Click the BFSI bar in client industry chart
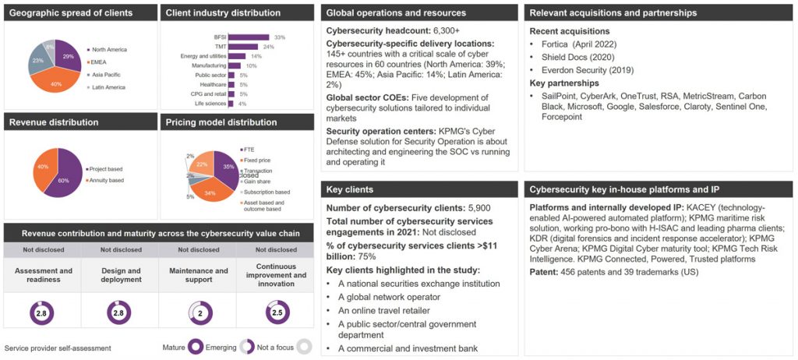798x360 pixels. click(x=249, y=37)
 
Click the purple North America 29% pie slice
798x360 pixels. click(x=67, y=57)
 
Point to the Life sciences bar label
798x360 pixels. click(x=211, y=104)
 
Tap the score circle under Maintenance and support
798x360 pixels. click(x=199, y=313)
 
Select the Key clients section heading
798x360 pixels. click(x=348, y=189)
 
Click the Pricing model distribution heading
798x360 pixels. click(x=222, y=122)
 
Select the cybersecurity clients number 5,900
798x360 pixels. click(x=478, y=207)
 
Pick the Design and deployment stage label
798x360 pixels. click(x=121, y=274)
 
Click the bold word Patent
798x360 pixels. click(x=545, y=272)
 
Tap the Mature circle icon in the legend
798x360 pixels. click(x=195, y=348)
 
